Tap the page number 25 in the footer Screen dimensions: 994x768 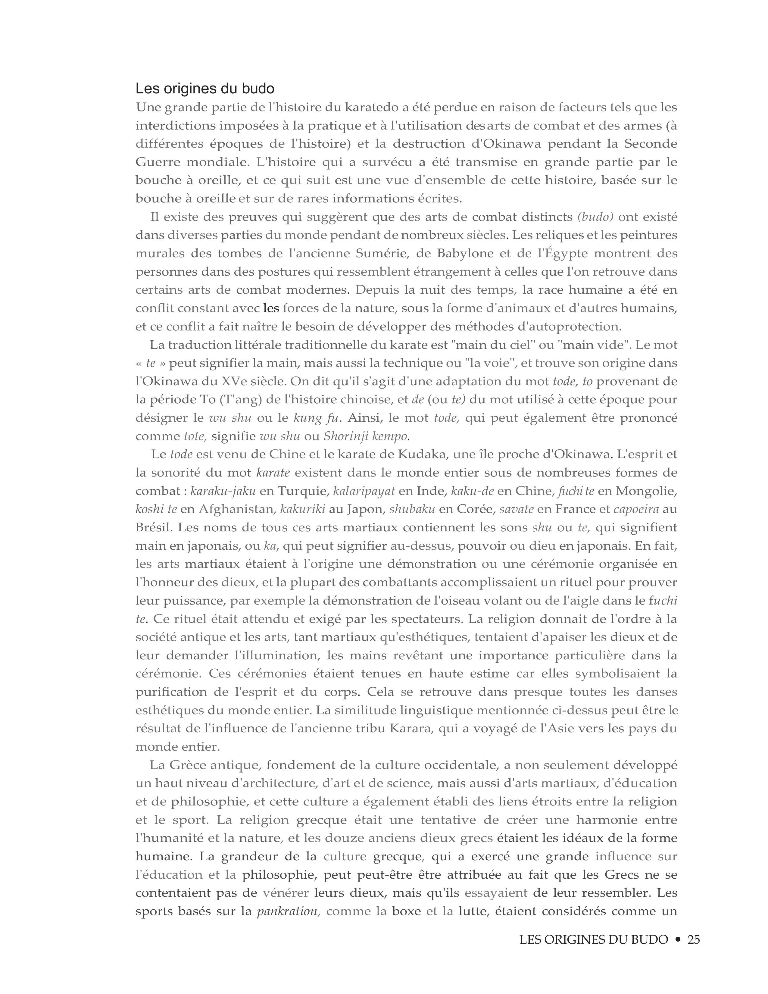coord(693,939)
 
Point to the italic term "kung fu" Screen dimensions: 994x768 coord(317,418)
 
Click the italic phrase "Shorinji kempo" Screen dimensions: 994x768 coord(365,436)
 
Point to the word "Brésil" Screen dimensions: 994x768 coord(153,527)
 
